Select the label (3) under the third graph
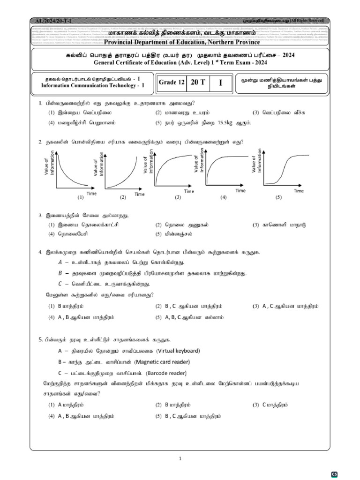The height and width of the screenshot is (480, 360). point(178,197)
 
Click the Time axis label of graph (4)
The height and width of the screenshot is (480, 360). point(240,191)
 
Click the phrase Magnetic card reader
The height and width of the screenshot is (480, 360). point(162,362)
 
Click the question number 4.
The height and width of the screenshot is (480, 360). point(40,252)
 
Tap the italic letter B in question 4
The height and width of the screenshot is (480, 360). point(60,273)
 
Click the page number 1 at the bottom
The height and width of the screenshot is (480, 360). point(180,458)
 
